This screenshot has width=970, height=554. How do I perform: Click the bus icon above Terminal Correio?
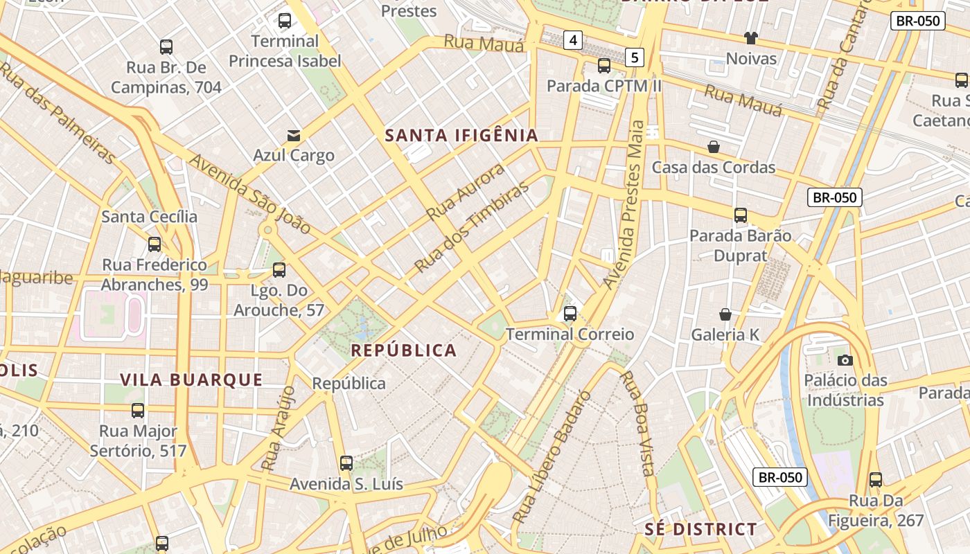[570, 314]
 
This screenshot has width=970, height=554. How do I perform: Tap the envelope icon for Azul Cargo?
[294, 135]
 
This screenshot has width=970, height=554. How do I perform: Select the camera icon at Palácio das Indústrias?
[845, 360]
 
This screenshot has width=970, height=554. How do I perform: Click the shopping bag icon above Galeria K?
[725, 314]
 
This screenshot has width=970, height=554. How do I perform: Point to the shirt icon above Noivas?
[751, 37]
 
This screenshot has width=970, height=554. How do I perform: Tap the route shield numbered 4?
[573, 40]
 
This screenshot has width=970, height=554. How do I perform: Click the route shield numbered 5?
[635, 57]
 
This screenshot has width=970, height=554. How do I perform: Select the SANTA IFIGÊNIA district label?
[461, 135]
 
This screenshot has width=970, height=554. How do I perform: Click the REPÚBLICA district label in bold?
[403, 350]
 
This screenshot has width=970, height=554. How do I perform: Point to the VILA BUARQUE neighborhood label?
[191, 379]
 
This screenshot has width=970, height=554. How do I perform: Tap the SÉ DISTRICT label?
[700, 529]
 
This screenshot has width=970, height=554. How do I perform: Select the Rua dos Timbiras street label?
[471, 227]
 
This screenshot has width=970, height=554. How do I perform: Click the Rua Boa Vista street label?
[638, 424]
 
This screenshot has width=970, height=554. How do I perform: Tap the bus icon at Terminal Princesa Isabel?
[285, 21]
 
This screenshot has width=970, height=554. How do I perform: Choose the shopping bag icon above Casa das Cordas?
[713, 147]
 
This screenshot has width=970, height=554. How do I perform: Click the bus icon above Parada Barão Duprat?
[741, 215]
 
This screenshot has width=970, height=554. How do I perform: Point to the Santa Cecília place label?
[149, 217]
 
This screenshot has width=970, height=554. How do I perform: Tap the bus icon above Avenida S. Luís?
[346, 463]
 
